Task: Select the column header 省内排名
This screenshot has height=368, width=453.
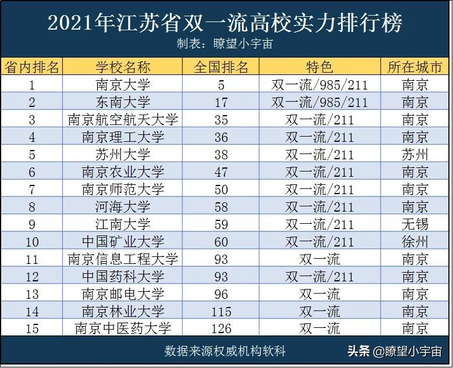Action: (x=32, y=67)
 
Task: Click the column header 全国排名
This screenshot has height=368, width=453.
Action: (x=221, y=67)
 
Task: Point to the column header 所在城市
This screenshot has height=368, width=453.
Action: (x=415, y=67)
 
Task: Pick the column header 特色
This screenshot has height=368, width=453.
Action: (x=320, y=67)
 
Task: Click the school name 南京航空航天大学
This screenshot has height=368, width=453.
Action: (x=123, y=120)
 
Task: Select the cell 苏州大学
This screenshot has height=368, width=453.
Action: (x=123, y=155)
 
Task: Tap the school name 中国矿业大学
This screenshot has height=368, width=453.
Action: (x=123, y=241)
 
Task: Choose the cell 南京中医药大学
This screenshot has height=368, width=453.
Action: (x=123, y=328)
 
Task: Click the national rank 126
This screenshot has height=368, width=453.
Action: (x=221, y=328)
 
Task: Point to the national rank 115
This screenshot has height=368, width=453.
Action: (x=221, y=310)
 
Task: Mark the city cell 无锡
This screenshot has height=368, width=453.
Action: (x=415, y=224)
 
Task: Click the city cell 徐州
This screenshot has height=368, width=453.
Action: (x=415, y=241)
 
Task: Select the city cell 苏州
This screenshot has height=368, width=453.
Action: (x=415, y=155)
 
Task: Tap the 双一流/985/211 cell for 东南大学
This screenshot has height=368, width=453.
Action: (x=320, y=102)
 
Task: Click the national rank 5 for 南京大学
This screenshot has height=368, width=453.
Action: (x=221, y=85)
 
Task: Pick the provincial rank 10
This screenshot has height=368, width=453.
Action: (x=32, y=241)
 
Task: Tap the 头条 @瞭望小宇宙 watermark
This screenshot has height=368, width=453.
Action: (x=394, y=351)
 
